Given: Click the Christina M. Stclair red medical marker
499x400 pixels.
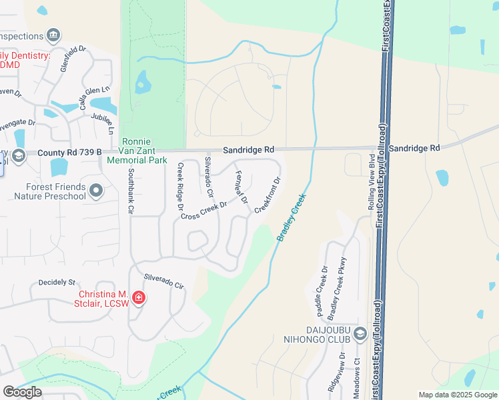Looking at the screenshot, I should (x=139, y=297).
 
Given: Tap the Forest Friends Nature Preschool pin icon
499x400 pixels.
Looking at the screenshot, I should (x=96, y=192).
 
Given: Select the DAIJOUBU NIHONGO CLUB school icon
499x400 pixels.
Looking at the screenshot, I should (x=360, y=334).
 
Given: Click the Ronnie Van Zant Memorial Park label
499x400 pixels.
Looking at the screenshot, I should (x=144, y=151).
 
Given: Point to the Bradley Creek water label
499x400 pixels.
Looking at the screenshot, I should (x=292, y=217).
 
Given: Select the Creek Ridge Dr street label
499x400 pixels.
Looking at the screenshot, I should (x=179, y=187).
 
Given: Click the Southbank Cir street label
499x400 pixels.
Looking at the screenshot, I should (x=131, y=189).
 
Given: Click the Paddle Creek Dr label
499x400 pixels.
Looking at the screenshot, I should (x=322, y=291).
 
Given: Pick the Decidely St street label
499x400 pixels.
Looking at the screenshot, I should (x=57, y=283).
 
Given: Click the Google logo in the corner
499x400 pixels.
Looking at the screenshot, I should (x=22, y=392).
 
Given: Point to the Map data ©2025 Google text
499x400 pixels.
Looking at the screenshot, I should (x=457, y=395).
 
